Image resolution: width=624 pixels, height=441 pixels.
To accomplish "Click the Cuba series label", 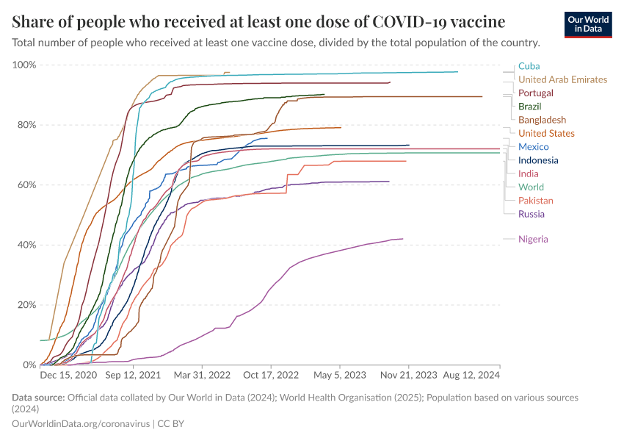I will tap(529, 66).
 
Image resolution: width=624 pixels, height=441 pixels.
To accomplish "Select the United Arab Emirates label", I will tap(562, 79).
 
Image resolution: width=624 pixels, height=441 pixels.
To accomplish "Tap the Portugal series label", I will tap(535, 93).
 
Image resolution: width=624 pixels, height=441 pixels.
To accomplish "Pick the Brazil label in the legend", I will tap(529, 107).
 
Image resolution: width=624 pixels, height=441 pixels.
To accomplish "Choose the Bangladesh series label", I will tap(542, 120).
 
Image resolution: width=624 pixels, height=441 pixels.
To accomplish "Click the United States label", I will tap(546, 133).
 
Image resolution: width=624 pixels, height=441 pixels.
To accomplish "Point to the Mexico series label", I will tap(532, 147).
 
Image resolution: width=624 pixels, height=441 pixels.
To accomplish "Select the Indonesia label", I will tap(538, 160).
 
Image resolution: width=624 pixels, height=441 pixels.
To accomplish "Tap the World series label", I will tap(531, 187).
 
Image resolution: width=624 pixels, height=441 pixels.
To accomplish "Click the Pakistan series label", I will tap(535, 201).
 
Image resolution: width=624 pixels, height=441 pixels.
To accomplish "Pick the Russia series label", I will tap(531, 214).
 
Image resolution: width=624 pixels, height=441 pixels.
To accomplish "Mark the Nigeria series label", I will tap(533, 239).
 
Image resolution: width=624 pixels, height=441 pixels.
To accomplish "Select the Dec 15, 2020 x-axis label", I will tap(68, 376).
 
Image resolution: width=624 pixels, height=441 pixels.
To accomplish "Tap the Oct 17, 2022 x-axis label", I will tap(272, 376).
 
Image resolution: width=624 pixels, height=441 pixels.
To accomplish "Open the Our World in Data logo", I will tap(588, 24).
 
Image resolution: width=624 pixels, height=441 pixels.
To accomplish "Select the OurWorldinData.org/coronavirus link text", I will tap(81, 424).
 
